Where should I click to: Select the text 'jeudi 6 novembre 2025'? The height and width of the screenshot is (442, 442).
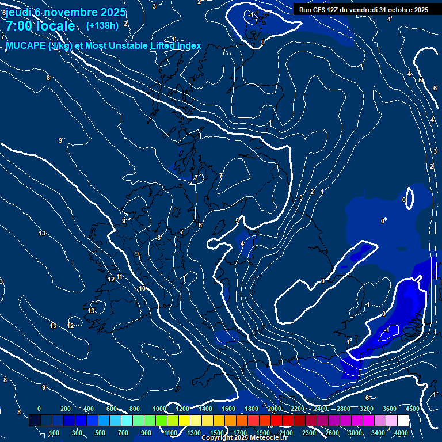66,12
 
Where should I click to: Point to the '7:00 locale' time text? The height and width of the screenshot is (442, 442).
40,26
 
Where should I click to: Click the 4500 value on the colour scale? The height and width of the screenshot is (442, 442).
412,409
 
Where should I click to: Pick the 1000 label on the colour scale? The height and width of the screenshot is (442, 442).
159,409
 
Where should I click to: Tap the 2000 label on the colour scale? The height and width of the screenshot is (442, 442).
275,409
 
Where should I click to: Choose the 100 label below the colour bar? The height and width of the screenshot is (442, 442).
55,433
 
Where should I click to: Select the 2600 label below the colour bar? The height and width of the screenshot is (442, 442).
333,433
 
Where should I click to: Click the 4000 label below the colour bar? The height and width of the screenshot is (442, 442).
401,433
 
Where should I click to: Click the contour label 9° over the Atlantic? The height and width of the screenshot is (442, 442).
62,140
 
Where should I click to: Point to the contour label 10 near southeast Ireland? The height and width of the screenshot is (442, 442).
142,288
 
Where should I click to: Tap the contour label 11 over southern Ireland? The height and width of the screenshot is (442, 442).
119,277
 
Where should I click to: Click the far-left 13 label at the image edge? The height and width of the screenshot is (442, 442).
2,281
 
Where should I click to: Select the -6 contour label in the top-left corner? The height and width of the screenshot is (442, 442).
3,13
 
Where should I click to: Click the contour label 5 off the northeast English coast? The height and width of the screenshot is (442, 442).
237,220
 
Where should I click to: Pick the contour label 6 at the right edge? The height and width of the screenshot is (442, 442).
435,88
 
